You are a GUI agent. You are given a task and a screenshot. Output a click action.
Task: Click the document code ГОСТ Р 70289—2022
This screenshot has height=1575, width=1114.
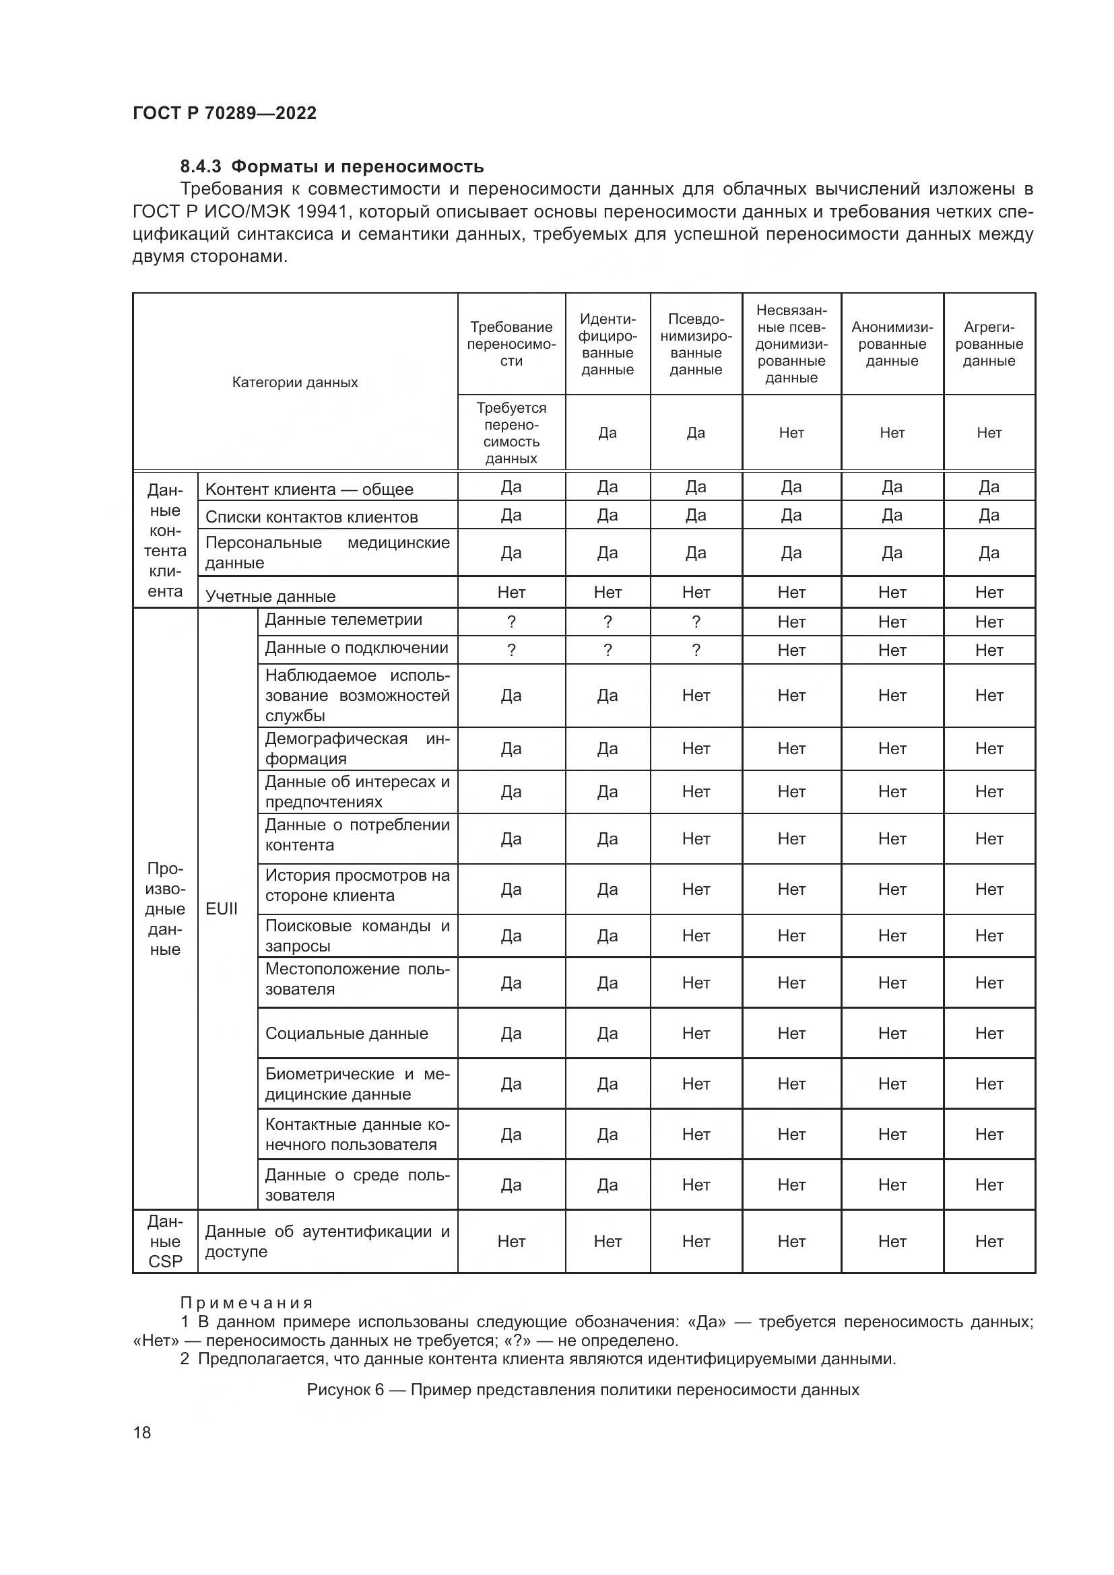[224, 113]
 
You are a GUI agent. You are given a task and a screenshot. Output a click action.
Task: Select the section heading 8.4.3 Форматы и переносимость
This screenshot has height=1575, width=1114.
[331, 167]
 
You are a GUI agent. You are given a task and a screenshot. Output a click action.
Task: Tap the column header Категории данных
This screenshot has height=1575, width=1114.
[295, 382]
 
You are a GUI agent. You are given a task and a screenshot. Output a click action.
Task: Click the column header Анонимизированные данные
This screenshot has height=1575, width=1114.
[892, 344]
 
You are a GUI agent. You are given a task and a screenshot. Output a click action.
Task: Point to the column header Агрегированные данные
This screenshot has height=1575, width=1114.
[989, 344]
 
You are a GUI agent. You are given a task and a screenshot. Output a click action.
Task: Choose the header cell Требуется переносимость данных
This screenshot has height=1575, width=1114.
[511, 433]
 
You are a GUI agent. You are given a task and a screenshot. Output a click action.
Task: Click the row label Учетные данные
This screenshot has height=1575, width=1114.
[270, 596]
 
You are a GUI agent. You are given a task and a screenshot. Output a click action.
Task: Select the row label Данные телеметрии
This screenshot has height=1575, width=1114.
[343, 620]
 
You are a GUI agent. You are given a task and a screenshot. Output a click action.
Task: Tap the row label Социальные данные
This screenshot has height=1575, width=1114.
[346, 1034]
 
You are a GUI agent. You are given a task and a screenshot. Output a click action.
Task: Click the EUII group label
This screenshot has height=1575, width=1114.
[222, 909]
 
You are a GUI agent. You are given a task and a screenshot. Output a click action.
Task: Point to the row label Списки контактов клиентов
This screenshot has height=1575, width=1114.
[311, 517]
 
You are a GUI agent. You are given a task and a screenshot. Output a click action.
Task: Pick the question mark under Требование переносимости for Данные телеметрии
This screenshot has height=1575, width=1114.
[511, 622]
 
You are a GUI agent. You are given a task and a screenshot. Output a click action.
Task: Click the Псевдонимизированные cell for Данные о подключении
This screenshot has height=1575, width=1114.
[696, 650]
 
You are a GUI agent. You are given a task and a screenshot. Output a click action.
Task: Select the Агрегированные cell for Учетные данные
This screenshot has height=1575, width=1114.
[989, 593]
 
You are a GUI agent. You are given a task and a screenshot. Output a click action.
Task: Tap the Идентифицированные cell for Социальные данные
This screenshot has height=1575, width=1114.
[607, 1034]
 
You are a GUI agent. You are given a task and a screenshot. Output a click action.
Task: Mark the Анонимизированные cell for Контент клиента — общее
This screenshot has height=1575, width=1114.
[892, 487]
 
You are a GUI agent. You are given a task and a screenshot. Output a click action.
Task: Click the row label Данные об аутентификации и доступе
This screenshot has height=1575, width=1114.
[327, 1242]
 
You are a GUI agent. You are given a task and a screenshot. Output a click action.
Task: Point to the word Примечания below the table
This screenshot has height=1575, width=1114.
[247, 1304]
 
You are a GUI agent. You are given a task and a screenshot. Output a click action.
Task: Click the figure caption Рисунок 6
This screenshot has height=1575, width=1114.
[583, 1390]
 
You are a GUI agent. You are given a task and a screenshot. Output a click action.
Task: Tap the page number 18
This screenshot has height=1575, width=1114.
[142, 1432]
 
